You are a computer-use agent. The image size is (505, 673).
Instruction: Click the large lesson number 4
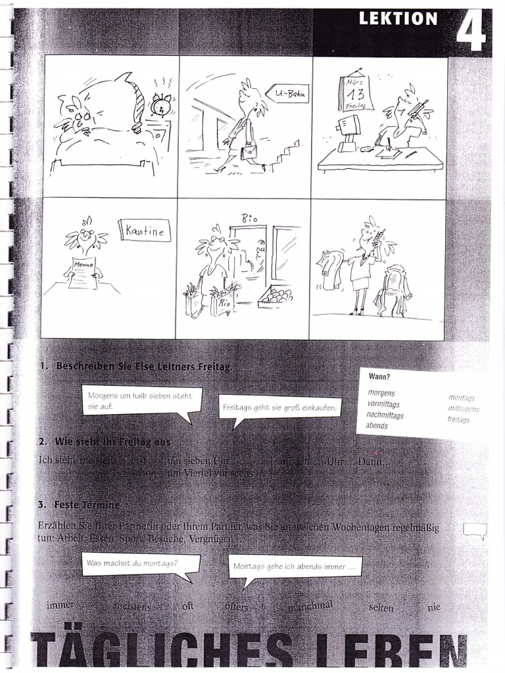pyautogui.click(x=471, y=30)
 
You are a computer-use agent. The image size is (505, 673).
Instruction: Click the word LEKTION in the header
pyautogui.click(x=398, y=19)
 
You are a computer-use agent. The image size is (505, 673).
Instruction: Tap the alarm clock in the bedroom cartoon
pyautogui.click(x=160, y=105)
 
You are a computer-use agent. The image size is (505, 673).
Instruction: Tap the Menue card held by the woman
pyautogui.click(x=84, y=271)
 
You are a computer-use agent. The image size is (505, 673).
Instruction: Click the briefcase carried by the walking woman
pyautogui.click(x=249, y=153)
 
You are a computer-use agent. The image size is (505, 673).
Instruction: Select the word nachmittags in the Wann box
pyautogui.click(x=385, y=415)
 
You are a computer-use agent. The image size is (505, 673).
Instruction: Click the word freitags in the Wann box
pyautogui.click(x=458, y=419)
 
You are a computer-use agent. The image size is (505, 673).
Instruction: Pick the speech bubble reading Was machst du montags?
pyautogui.click(x=132, y=563)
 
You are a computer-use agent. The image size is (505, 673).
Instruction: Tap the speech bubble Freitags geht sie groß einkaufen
pyautogui.click(x=280, y=407)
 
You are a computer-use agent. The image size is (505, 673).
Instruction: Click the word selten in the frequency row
pyautogui.click(x=381, y=608)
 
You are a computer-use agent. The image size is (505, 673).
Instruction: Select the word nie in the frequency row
pyautogui.click(x=433, y=608)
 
